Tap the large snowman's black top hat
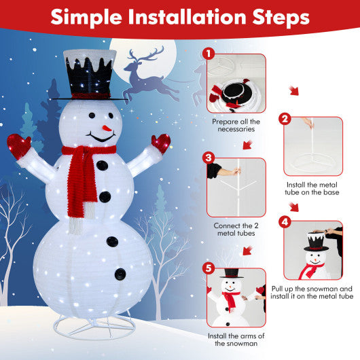89,77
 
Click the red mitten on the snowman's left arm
18,145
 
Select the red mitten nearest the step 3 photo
162,143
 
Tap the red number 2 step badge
285,118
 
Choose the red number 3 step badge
209,158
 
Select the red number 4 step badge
285,221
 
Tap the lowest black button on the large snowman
120,274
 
